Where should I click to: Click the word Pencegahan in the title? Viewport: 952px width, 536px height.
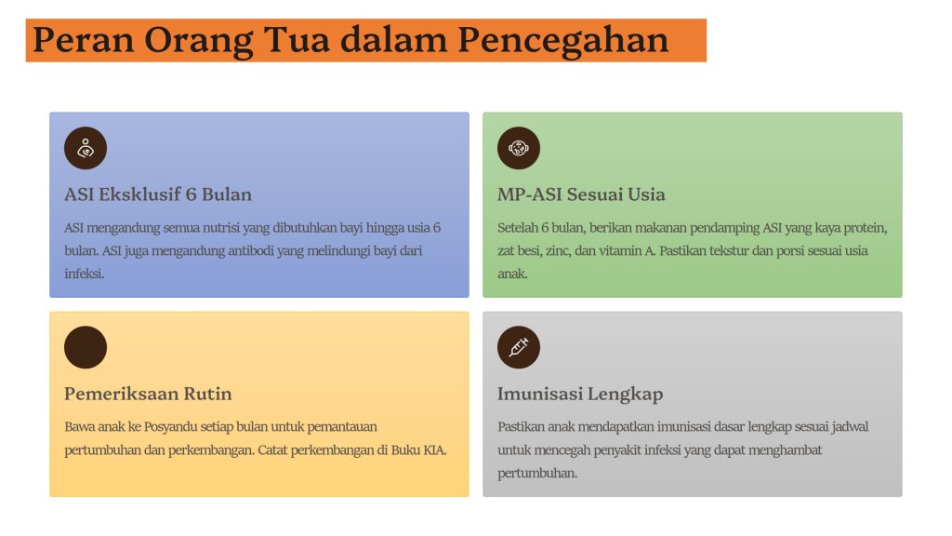[562, 40]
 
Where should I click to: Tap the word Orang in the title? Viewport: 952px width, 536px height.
[199, 41]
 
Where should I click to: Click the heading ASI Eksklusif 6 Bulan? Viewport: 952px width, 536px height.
[158, 194]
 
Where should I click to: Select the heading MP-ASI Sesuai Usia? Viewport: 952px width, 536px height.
[581, 194]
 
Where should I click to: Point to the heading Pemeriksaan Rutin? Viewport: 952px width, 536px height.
[148, 394]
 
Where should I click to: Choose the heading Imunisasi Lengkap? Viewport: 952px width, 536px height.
[580, 395]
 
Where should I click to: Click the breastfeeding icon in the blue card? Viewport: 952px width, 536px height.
[86, 148]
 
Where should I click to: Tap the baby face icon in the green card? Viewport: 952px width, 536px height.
[519, 148]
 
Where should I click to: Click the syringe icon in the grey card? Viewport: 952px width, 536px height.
[519, 348]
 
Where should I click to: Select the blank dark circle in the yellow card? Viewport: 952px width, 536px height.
[86, 348]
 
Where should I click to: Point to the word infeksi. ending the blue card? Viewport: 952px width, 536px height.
[85, 275]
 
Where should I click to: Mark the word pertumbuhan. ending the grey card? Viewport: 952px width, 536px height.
[537, 474]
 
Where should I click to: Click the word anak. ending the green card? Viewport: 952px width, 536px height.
[512, 275]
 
